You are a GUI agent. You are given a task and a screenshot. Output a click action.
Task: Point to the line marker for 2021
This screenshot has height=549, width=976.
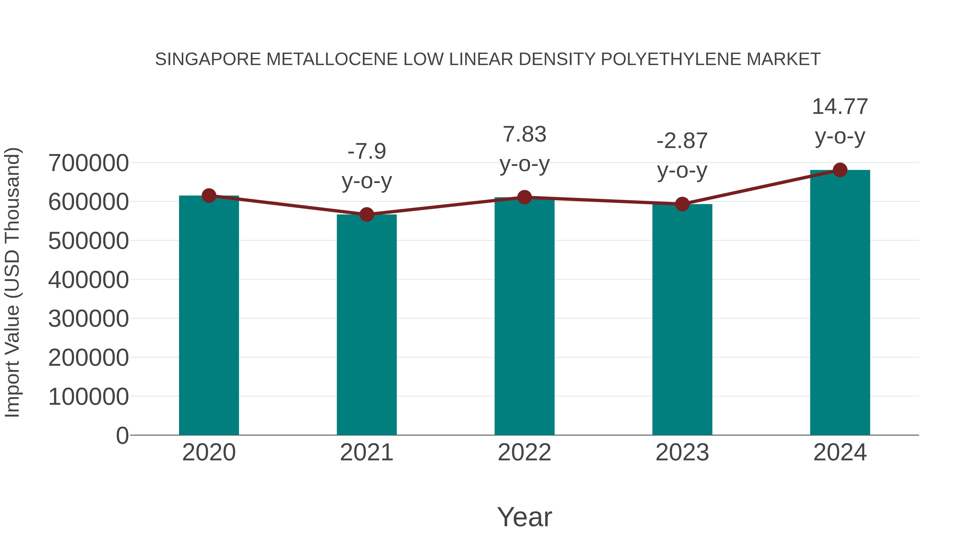tap(366, 214)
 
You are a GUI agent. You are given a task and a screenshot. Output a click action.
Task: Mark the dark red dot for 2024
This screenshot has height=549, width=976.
tap(840, 170)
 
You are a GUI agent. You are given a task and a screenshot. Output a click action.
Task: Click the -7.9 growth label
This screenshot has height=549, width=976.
tap(366, 151)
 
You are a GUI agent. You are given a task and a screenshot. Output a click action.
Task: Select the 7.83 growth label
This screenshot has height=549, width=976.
tap(524, 134)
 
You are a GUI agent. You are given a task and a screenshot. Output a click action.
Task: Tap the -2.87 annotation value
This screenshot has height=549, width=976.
tap(682, 141)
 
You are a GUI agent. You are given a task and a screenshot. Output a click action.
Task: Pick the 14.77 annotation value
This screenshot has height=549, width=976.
tap(840, 107)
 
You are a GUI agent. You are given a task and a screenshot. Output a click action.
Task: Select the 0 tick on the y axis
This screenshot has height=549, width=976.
tap(122, 435)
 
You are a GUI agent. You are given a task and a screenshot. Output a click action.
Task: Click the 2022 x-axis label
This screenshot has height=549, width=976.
tap(524, 452)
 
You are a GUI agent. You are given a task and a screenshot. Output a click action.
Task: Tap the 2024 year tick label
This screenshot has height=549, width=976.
tap(840, 452)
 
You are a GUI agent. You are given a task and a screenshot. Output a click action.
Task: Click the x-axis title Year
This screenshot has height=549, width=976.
tap(524, 517)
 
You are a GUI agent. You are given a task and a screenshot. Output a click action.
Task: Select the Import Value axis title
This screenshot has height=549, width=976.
tap(12, 282)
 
